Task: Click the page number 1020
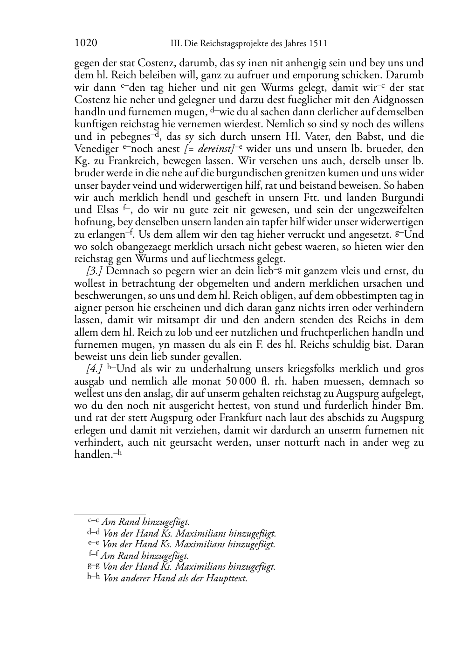(86, 44)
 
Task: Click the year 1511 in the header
(317, 44)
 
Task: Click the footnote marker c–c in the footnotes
(94, 521)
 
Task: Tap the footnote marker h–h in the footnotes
(94, 578)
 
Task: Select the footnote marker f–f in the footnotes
(94, 555)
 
